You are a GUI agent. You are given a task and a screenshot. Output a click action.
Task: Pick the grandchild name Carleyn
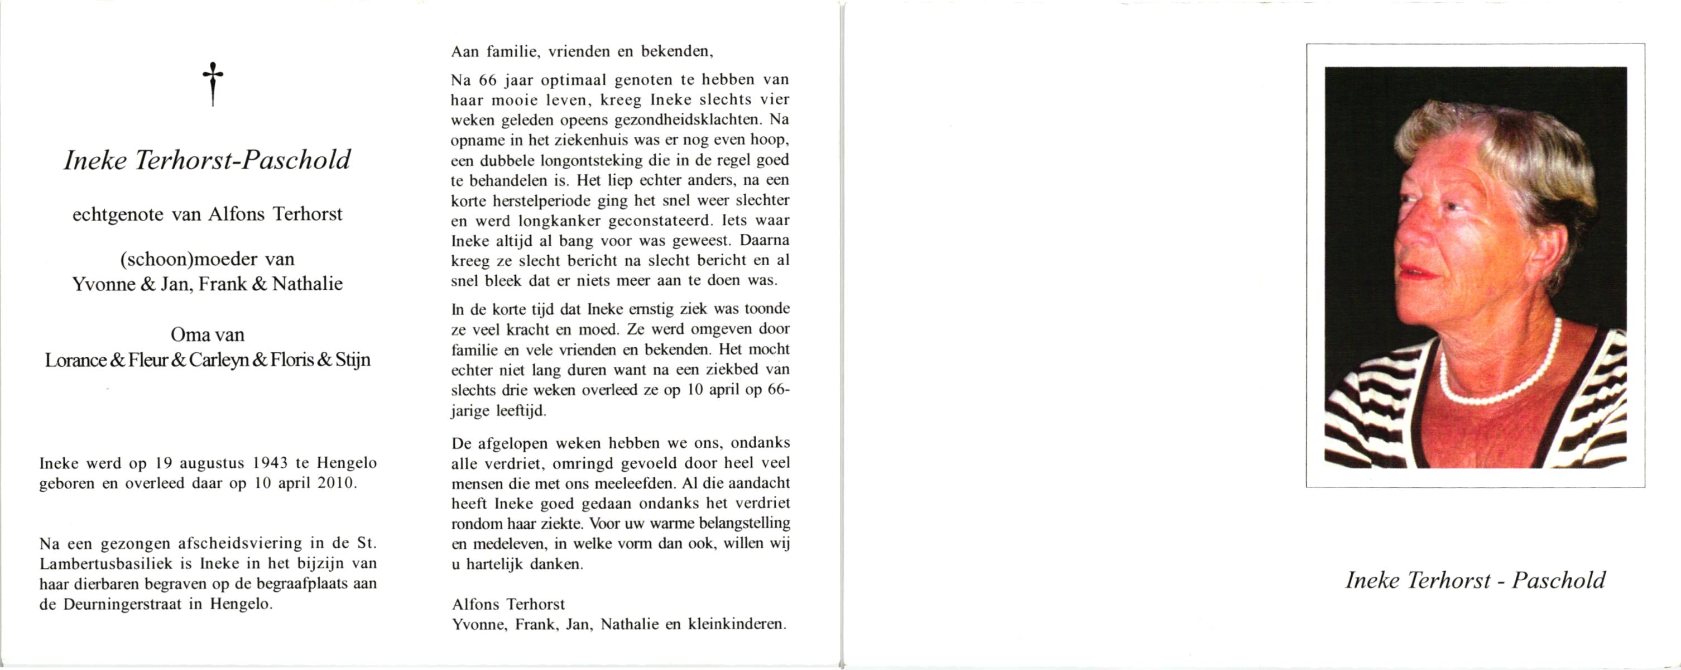coord(219,361)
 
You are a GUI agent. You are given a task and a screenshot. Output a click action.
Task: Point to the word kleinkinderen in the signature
coord(737,624)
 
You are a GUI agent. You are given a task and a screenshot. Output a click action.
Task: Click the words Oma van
coord(208,335)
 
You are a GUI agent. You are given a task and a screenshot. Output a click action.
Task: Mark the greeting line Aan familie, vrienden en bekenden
coord(579,51)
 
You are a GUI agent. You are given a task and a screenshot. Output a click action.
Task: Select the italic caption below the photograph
coord(1476,581)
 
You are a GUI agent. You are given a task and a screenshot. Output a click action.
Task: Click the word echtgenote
coord(118,214)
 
